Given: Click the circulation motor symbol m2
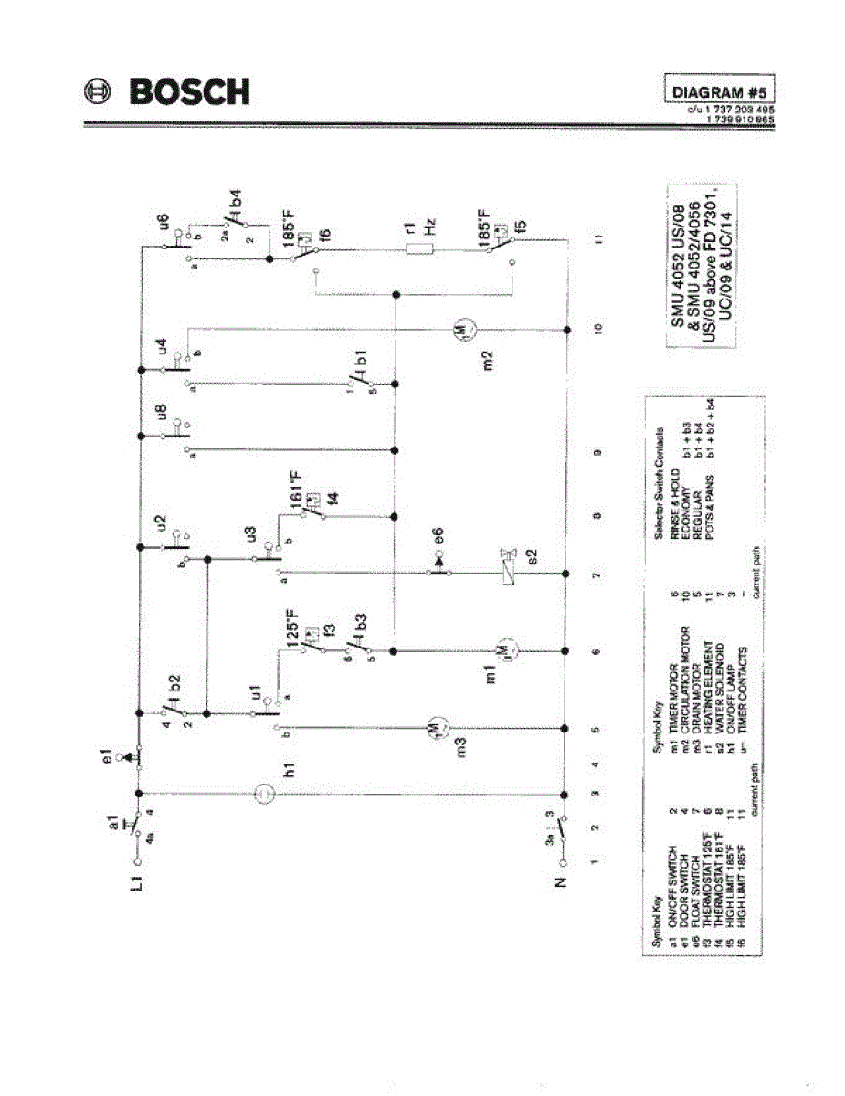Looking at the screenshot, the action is tap(461, 328).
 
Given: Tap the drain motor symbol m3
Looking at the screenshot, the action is tap(435, 727).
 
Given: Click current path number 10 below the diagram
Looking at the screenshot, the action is tap(597, 327).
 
